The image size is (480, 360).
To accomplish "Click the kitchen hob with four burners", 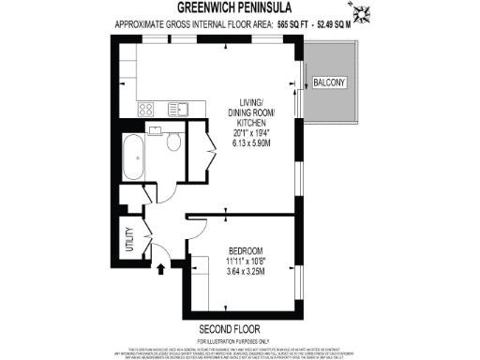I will point(148,109).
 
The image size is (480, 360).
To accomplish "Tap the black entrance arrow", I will point(160,268).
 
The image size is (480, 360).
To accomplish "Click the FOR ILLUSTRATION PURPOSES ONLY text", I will point(240,342).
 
